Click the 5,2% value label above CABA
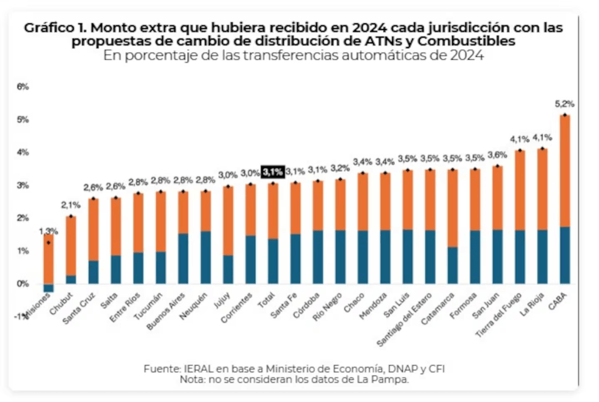click(564, 104)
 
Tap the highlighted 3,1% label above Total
click(273, 172)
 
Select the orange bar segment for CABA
click(564, 171)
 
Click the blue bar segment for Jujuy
click(228, 270)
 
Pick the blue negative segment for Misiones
click(49, 288)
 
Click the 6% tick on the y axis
click(23, 87)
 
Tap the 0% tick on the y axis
click(23, 284)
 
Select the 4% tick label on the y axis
click(23, 152)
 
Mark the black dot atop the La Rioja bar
click(542, 149)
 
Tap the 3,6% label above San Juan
click(497, 155)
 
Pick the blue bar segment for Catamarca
click(452, 265)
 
